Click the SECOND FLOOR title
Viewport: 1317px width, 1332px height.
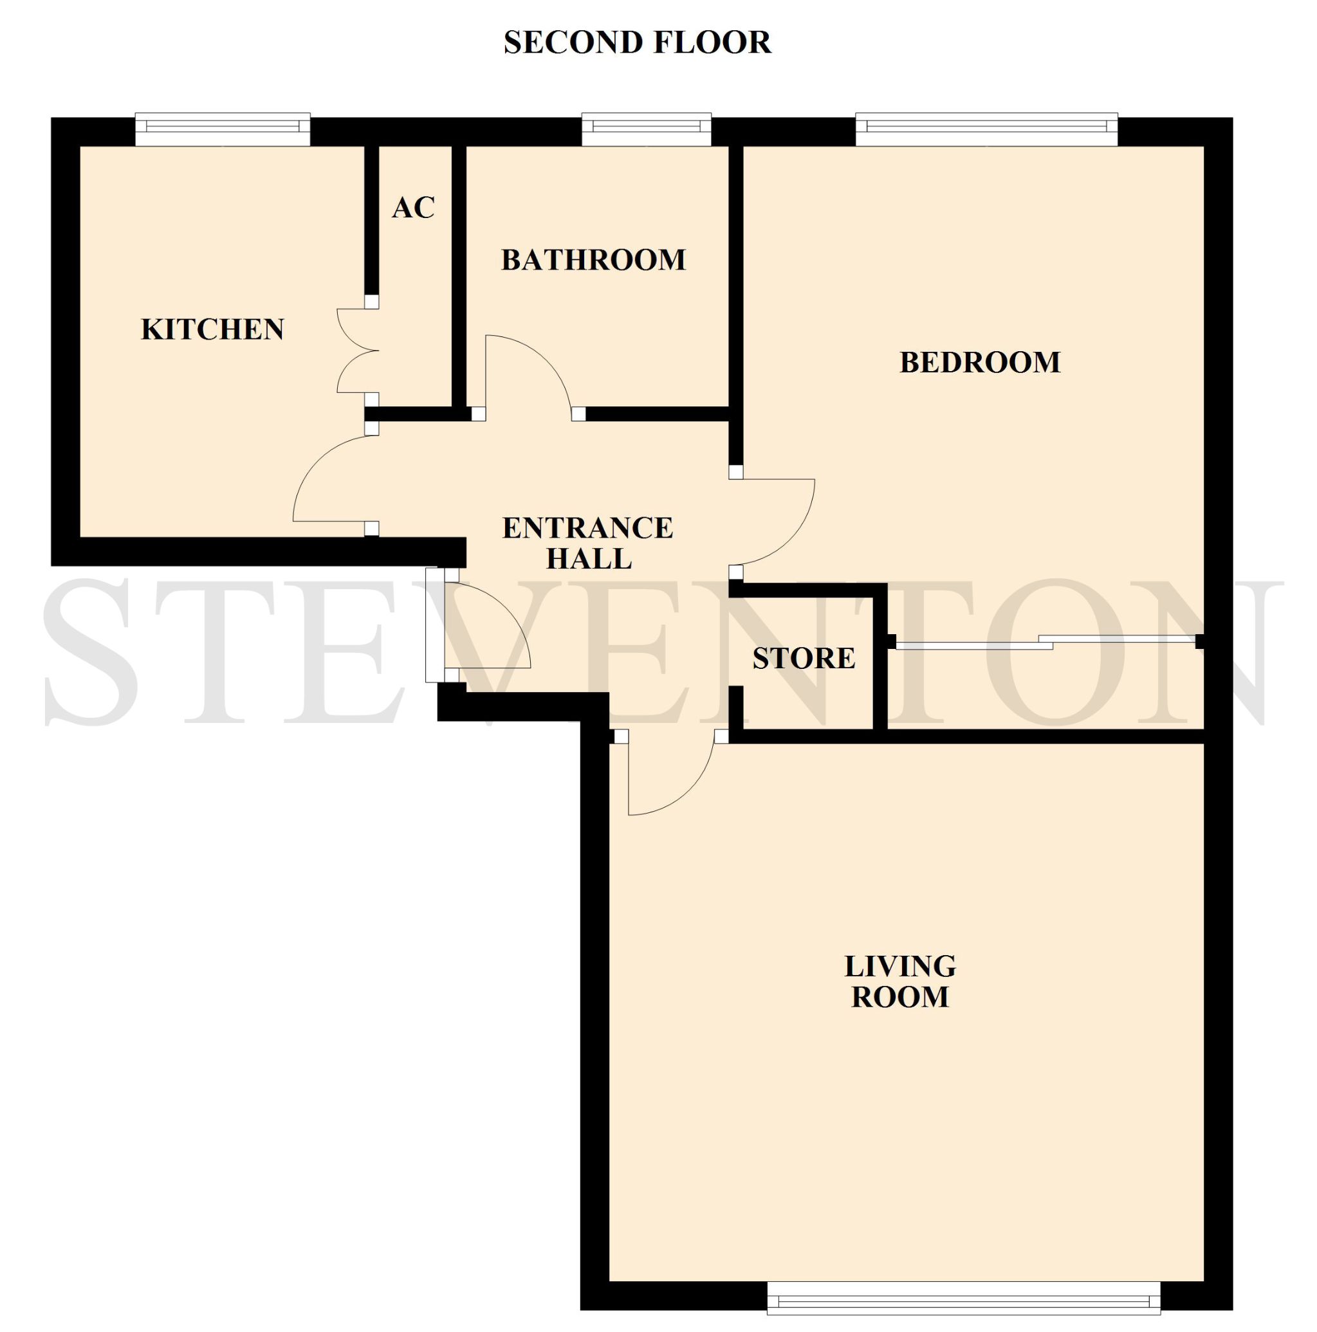point(637,42)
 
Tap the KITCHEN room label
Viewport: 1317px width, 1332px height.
point(212,329)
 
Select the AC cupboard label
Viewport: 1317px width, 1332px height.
point(414,208)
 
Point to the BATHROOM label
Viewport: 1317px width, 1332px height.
point(593,260)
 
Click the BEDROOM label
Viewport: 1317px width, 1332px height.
point(980,363)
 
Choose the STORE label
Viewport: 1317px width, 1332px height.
point(804,659)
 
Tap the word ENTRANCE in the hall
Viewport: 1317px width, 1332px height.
point(587,528)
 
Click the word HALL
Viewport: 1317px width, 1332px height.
point(589,558)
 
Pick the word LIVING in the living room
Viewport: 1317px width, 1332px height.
point(900,967)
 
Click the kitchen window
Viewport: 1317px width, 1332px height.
point(222,129)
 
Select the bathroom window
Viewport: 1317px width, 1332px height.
point(646,129)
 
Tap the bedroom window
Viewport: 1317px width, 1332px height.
point(986,129)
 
